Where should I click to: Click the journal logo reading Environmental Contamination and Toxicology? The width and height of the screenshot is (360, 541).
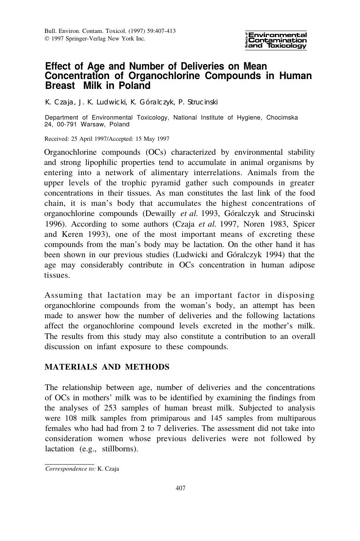pyautogui.click(x=276, y=40)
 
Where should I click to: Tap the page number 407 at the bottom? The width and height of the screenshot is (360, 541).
pyautogui.click(x=181, y=488)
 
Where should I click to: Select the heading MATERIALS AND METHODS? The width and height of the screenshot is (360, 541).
pyautogui.click(x=107, y=367)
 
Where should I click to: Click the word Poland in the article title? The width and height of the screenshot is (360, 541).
pyautogui.click(x=135, y=86)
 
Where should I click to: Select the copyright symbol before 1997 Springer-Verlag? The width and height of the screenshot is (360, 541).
pyautogui.click(x=47, y=39)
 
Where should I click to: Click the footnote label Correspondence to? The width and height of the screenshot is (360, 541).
pyautogui.click(x=70, y=469)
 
